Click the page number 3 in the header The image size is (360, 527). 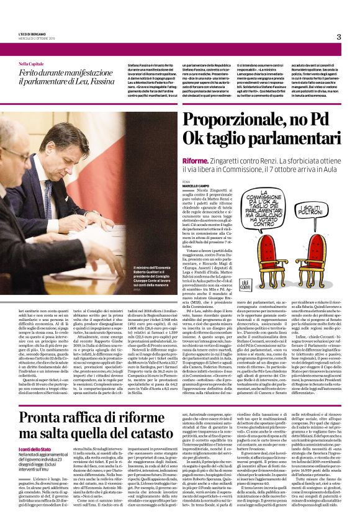(339, 37)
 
